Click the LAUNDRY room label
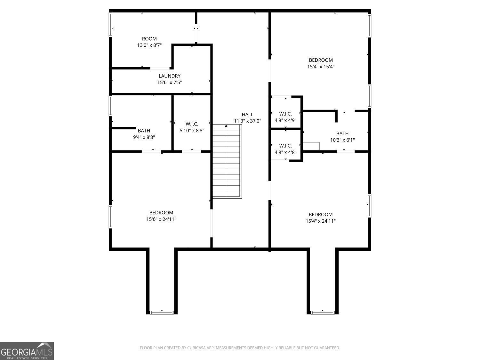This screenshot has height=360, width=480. (x=170, y=76)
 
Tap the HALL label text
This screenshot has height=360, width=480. (x=247, y=114)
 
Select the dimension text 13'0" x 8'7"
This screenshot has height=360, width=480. (x=149, y=45)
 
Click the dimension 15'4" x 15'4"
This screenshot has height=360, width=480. (x=321, y=67)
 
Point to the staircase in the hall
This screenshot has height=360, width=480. (x=227, y=162)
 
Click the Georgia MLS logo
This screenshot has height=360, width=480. (x=27, y=351)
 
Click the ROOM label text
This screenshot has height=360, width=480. (x=149, y=39)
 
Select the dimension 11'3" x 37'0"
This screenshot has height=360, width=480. (x=247, y=121)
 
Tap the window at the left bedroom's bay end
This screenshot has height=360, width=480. (x=162, y=312)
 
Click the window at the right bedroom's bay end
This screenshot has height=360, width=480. (x=323, y=312)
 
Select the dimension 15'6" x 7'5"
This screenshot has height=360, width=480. (x=170, y=83)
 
